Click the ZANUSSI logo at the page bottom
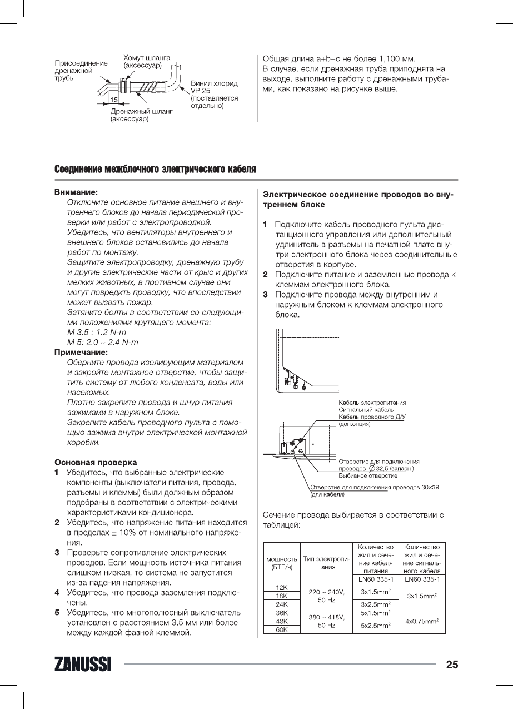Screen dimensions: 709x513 (x=82, y=665)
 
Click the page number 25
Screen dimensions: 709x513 (x=451, y=665)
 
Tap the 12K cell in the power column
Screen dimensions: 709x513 (x=281, y=587)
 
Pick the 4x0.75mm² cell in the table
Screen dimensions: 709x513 (x=422, y=621)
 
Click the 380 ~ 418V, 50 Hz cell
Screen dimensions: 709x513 (x=326, y=621)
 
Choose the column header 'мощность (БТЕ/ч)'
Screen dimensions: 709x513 (x=281, y=562)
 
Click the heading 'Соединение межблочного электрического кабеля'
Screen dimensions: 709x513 (x=155, y=168)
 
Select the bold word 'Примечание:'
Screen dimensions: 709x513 (x=81, y=352)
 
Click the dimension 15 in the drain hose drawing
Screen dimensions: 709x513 (x=113, y=100)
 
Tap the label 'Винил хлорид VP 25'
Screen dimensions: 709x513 (x=214, y=87)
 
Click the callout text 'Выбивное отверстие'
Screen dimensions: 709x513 (x=368, y=476)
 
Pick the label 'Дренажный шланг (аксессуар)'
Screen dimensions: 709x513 (x=141, y=115)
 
